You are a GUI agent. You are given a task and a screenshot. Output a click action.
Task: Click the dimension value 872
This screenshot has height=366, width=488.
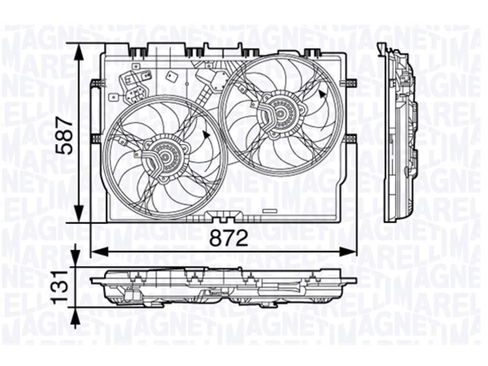point(229,238)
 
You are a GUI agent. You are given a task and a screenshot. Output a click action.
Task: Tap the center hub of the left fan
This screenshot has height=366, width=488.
point(165,157)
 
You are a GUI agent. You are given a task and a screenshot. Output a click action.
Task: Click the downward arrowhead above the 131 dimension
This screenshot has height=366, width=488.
point(75,257)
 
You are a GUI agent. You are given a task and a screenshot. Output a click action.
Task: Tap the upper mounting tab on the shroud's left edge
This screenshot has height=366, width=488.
point(98,83)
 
